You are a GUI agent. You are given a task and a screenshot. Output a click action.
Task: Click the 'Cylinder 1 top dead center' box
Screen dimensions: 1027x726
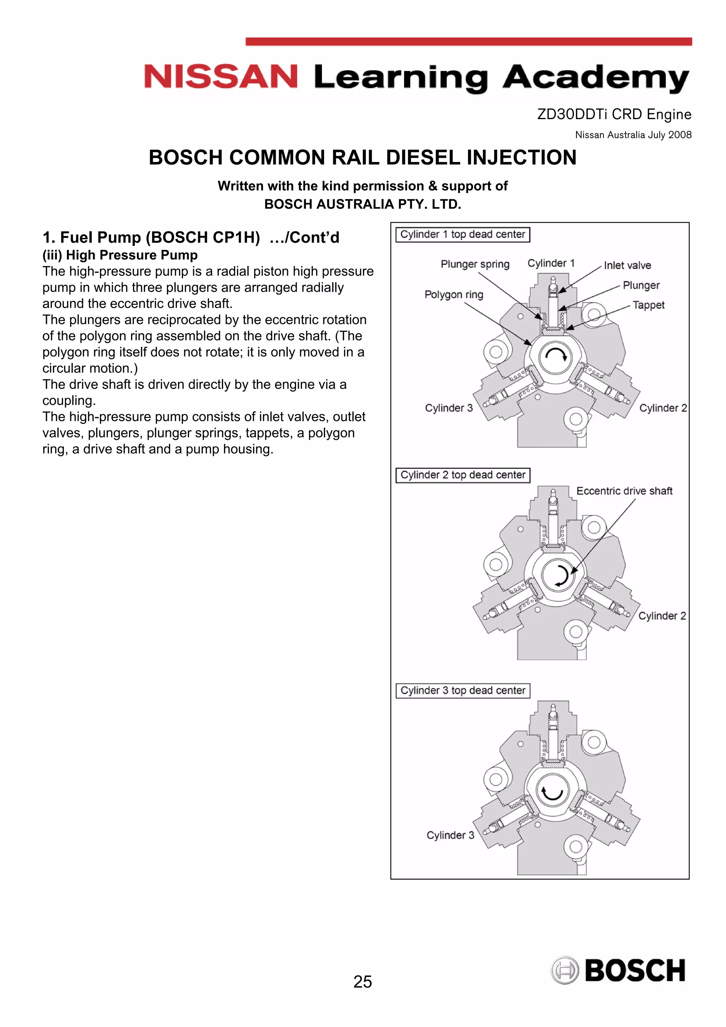pos(463,234)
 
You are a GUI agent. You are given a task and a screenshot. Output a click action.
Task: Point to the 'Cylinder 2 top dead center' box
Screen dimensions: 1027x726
pos(463,475)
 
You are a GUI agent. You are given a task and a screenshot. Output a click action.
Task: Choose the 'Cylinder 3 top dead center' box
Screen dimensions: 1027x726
pos(463,690)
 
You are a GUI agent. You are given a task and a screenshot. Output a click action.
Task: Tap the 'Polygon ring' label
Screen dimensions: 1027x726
pos(454,294)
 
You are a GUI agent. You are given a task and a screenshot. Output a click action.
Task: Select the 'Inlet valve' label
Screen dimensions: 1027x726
pos(627,265)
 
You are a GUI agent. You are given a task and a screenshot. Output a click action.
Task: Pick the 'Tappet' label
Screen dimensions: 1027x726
pos(648,305)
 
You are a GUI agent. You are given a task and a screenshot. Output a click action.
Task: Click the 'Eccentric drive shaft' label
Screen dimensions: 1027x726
pos(624,491)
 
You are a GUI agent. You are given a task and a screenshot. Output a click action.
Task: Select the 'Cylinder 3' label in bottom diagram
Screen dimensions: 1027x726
pos(450,835)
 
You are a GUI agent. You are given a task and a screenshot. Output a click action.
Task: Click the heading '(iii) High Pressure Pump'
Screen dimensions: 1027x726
pos(120,255)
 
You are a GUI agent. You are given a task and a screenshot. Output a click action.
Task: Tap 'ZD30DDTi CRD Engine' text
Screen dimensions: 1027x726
pos(614,114)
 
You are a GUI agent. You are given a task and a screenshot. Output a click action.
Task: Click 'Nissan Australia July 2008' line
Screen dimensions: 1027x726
pos(633,135)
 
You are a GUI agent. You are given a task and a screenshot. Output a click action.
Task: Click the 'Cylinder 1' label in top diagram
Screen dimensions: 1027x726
pos(551,263)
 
